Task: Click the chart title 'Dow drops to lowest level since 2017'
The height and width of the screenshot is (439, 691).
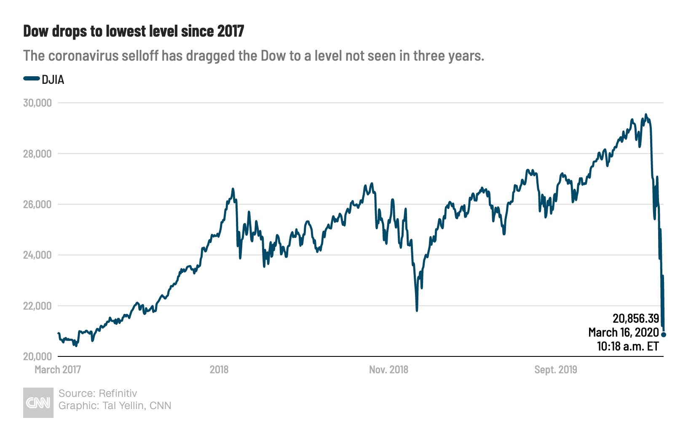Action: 134,31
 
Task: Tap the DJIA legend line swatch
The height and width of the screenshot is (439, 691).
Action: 31,79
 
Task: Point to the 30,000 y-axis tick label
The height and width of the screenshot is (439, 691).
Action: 37,103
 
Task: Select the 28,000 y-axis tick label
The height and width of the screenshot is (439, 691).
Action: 37,154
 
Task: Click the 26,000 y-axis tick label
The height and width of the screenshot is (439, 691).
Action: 37,204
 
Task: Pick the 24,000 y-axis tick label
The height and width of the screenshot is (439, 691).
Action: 37,255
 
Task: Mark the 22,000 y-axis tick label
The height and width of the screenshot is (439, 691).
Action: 37,306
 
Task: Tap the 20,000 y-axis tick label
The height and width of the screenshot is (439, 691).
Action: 37,356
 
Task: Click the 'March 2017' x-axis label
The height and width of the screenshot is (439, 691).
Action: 58,370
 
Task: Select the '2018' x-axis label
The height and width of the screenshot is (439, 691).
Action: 219,370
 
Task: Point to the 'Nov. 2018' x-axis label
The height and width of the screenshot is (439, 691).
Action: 388,370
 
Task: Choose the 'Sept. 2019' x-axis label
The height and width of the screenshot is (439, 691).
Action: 556,370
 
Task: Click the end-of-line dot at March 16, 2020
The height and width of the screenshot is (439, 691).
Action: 664,335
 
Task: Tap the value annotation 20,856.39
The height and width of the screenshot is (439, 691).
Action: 635,319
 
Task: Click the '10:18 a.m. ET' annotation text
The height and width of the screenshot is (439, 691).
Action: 627,346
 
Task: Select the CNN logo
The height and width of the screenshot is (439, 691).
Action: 38,403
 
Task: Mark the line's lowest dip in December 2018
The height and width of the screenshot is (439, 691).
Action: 417,311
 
